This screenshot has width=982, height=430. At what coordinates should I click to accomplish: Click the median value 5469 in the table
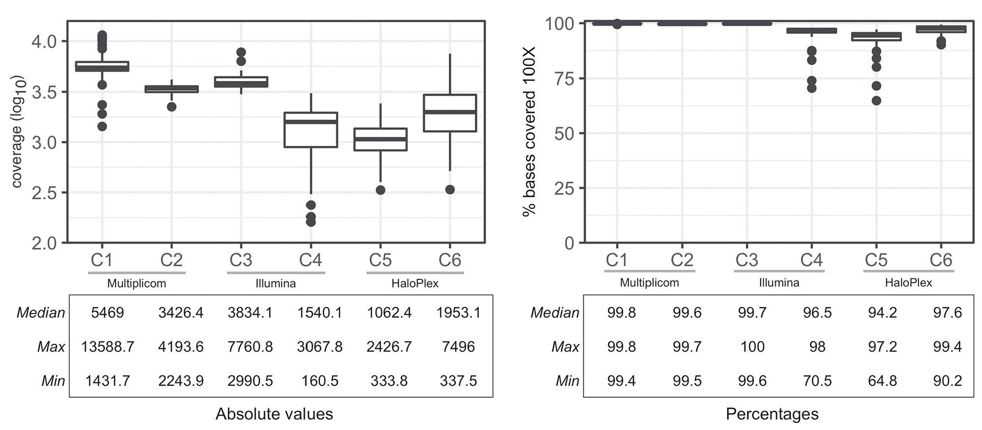[108, 313]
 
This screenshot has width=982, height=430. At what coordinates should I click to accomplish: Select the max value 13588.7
[108, 347]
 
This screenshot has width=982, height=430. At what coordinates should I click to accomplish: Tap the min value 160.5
[320, 381]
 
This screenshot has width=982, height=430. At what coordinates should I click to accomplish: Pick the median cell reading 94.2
[882, 313]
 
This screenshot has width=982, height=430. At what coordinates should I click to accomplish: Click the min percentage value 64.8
[882, 381]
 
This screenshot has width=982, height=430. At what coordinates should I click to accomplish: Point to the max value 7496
[458, 347]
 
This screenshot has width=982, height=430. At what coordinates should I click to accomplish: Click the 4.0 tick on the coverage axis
[44, 41]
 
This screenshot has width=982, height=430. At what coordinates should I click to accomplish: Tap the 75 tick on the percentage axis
[564, 79]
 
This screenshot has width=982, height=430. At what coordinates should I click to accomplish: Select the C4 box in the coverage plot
[311, 130]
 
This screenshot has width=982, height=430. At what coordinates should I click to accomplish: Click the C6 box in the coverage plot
[450, 113]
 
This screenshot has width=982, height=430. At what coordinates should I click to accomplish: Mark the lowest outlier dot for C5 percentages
[876, 101]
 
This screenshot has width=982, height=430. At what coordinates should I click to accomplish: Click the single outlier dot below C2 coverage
[171, 107]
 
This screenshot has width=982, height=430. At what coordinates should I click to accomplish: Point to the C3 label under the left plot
[241, 260]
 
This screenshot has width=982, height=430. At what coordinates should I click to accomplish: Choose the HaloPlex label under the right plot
[908, 283]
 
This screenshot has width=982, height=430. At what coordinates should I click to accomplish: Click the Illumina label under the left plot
[275, 284]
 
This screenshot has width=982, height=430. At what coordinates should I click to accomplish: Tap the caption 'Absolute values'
[274, 414]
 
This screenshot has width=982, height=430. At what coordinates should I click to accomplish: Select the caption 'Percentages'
[772, 414]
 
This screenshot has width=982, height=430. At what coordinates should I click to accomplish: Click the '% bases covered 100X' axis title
[529, 132]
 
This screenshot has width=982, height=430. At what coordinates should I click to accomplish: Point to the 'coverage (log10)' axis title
[17, 132]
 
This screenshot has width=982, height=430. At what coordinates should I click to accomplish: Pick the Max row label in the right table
[565, 347]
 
